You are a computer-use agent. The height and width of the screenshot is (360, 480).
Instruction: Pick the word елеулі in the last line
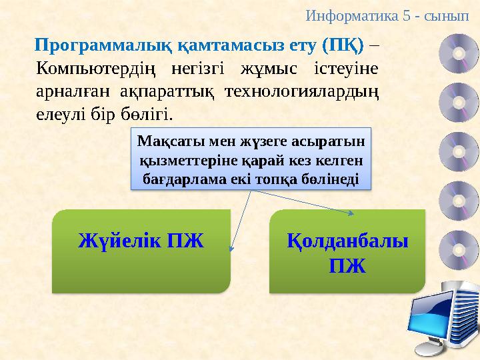(x=58, y=113)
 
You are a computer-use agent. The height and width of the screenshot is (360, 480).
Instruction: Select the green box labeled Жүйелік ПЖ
(x=141, y=251)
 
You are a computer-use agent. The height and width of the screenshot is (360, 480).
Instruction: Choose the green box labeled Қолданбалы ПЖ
(x=347, y=251)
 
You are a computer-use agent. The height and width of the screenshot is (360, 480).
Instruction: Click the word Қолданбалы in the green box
(x=347, y=241)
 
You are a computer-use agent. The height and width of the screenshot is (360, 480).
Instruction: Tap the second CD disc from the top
(x=459, y=101)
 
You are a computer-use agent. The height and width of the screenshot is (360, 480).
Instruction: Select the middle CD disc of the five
(x=459, y=150)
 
